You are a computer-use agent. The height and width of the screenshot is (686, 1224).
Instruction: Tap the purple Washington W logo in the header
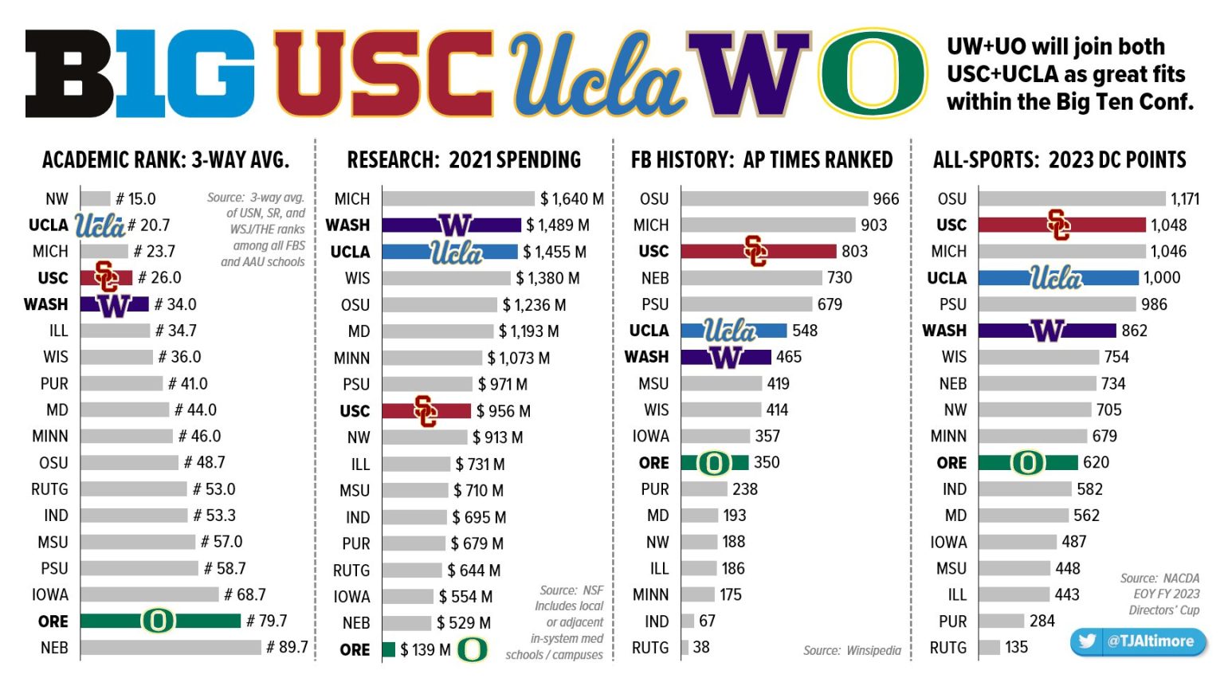[748, 73]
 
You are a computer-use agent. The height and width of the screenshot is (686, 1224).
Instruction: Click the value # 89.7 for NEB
[287, 647]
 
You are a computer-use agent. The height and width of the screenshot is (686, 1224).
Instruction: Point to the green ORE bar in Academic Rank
[160, 621]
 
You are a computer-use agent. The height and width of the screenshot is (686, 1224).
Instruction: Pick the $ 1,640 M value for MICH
[571, 198]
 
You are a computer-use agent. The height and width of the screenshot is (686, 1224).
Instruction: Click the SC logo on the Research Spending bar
[426, 411]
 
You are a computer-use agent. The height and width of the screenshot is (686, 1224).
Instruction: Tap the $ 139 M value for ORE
[426, 650]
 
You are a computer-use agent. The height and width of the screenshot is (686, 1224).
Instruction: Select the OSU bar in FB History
[774, 198]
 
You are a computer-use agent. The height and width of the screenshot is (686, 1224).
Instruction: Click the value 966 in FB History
[885, 198]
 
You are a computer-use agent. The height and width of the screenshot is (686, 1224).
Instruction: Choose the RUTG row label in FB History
[650, 648]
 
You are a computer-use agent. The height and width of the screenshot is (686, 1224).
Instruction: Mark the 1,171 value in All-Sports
[1184, 198]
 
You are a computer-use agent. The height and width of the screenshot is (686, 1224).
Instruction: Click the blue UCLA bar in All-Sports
[1058, 277]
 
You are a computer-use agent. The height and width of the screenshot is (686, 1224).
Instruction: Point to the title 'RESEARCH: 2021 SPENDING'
[464, 160]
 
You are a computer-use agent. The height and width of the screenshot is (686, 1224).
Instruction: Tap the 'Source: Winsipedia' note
[852, 651]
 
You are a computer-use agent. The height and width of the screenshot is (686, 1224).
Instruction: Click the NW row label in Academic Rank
[57, 198]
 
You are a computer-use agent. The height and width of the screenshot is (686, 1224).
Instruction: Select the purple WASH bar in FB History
[726, 357]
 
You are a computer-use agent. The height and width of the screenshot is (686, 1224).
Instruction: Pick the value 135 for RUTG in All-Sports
[1016, 647]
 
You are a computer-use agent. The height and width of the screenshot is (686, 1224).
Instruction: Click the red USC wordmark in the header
[383, 73]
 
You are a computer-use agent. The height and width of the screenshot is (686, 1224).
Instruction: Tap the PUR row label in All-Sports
[952, 621]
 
